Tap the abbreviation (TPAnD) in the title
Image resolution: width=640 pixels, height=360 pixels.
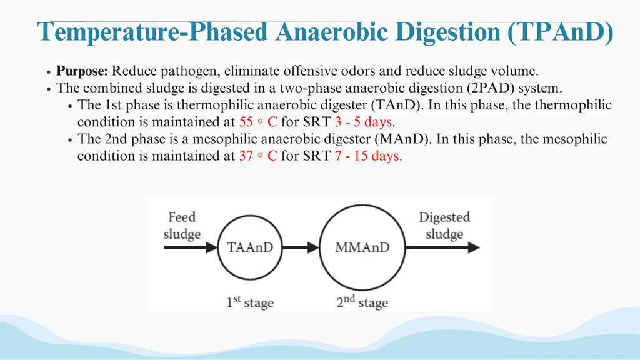(561, 32)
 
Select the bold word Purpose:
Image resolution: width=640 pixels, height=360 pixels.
(82, 71)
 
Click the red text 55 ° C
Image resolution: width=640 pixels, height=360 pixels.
(258, 122)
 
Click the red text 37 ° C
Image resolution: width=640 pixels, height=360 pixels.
(258, 156)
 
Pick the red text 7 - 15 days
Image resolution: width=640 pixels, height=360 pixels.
(369, 156)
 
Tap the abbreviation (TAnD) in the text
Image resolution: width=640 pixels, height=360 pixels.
(396, 105)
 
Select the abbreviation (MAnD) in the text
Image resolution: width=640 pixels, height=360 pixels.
(402, 139)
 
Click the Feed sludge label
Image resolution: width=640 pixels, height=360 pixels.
(182, 225)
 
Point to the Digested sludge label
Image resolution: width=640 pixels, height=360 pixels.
(444, 225)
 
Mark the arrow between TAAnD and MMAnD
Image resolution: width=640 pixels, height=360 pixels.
(301, 247)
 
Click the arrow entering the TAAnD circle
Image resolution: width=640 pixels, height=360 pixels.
(191, 247)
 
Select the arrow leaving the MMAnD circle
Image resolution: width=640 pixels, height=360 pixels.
(443, 247)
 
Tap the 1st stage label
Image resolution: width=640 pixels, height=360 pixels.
(250, 302)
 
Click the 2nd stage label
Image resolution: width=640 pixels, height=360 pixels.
(362, 302)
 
